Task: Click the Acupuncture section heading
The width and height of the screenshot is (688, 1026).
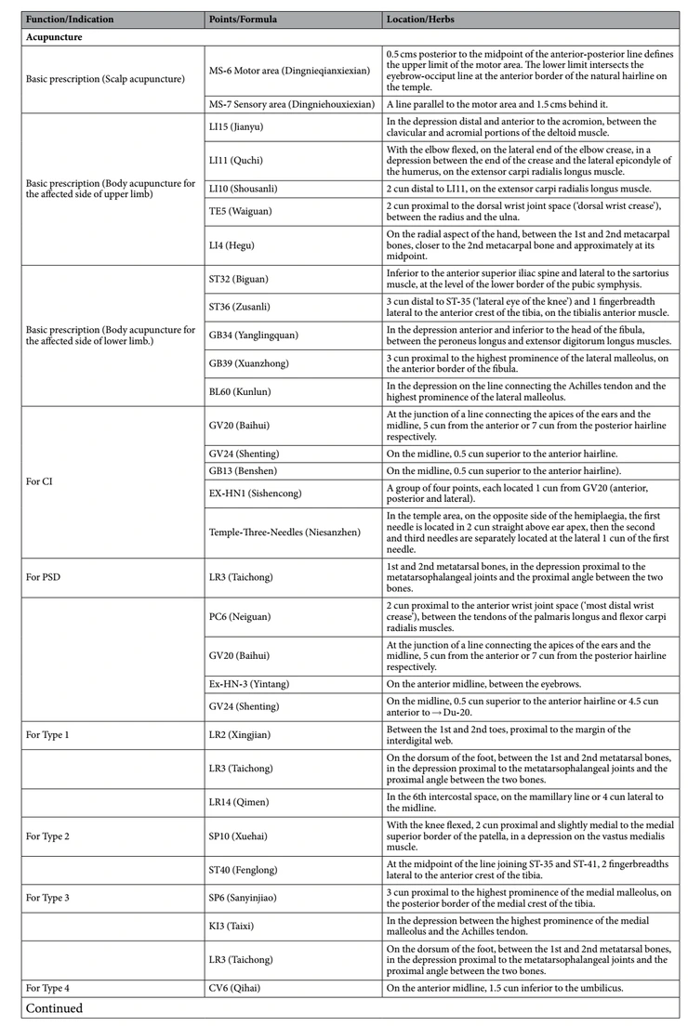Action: click(55, 37)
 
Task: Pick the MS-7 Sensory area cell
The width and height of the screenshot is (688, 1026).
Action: click(292, 103)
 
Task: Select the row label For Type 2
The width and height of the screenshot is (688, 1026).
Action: click(47, 835)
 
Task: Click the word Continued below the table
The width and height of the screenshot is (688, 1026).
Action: click(54, 1007)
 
